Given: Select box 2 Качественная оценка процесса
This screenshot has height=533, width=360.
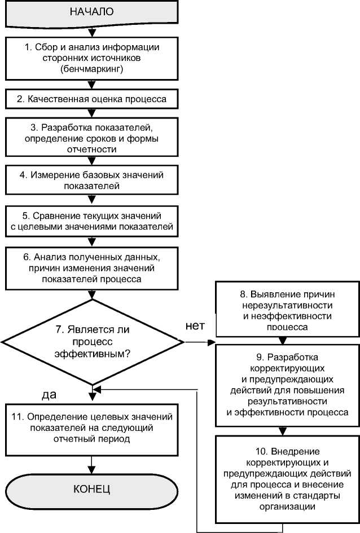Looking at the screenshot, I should [91, 99].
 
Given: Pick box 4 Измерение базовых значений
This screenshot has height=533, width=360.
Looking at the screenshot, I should [91, 180].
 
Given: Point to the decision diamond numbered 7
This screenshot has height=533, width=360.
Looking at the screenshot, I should [91, 341].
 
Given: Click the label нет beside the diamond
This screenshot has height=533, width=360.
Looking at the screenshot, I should [195, 325].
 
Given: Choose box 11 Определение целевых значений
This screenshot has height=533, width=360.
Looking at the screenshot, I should [91, 427].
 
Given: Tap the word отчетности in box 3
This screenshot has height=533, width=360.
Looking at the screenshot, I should [91, 149].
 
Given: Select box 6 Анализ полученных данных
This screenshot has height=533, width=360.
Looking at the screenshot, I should [91, 267].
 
